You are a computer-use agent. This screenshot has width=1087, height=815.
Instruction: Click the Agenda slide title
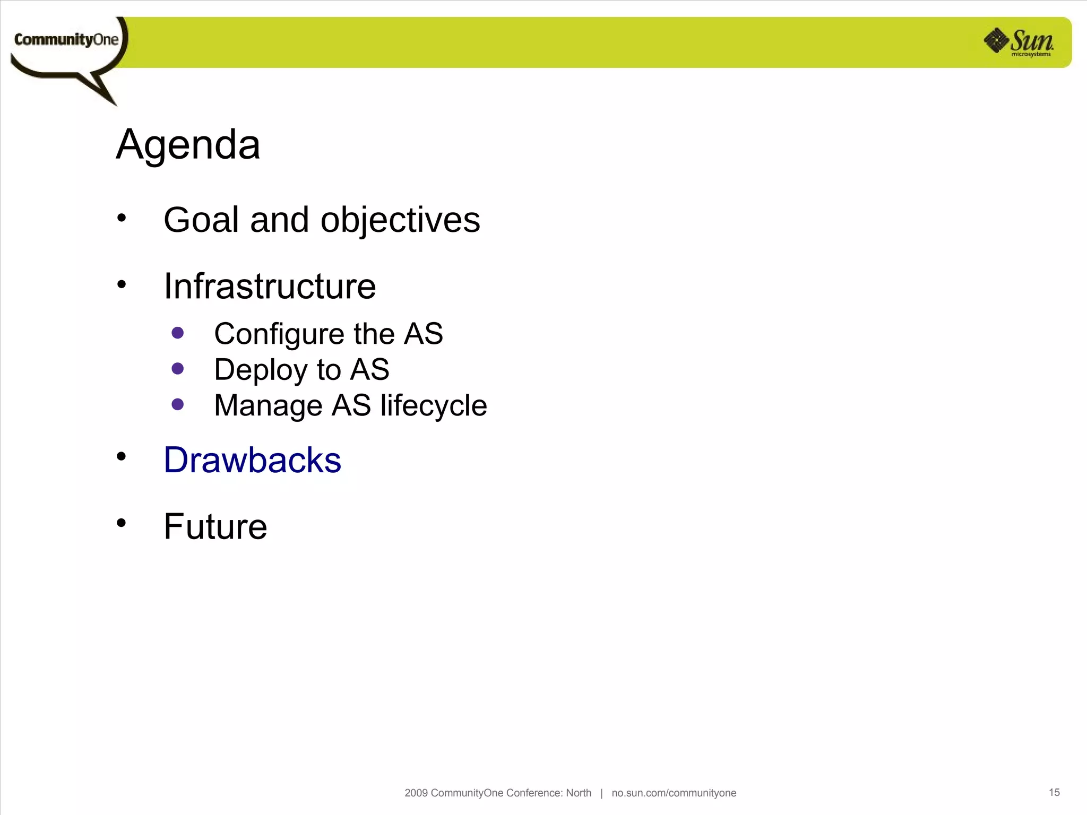pos(188,144)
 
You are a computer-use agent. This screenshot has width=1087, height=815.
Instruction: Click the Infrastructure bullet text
pos(270,287)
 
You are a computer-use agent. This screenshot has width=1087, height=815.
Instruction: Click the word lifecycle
pos(433,406)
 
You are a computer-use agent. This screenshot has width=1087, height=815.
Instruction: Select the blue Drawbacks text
pos(252,460)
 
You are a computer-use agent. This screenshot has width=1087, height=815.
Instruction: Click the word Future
pos(215,527)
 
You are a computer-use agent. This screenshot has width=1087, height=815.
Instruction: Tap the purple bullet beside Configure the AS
pos(178,333)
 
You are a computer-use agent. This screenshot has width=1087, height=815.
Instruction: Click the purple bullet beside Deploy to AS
pos(178,369)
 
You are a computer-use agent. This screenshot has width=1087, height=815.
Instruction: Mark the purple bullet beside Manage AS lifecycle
pos(178,405)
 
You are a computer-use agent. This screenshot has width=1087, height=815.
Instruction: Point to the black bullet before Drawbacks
pos(122,456)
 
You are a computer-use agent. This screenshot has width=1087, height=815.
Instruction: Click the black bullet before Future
pos(122,523)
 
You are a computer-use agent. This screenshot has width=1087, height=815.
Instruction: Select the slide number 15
pos(1054,792)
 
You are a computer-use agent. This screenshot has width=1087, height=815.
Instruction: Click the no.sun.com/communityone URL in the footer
pos(674,793)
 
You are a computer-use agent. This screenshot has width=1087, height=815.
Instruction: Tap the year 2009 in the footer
pos(416,793)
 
